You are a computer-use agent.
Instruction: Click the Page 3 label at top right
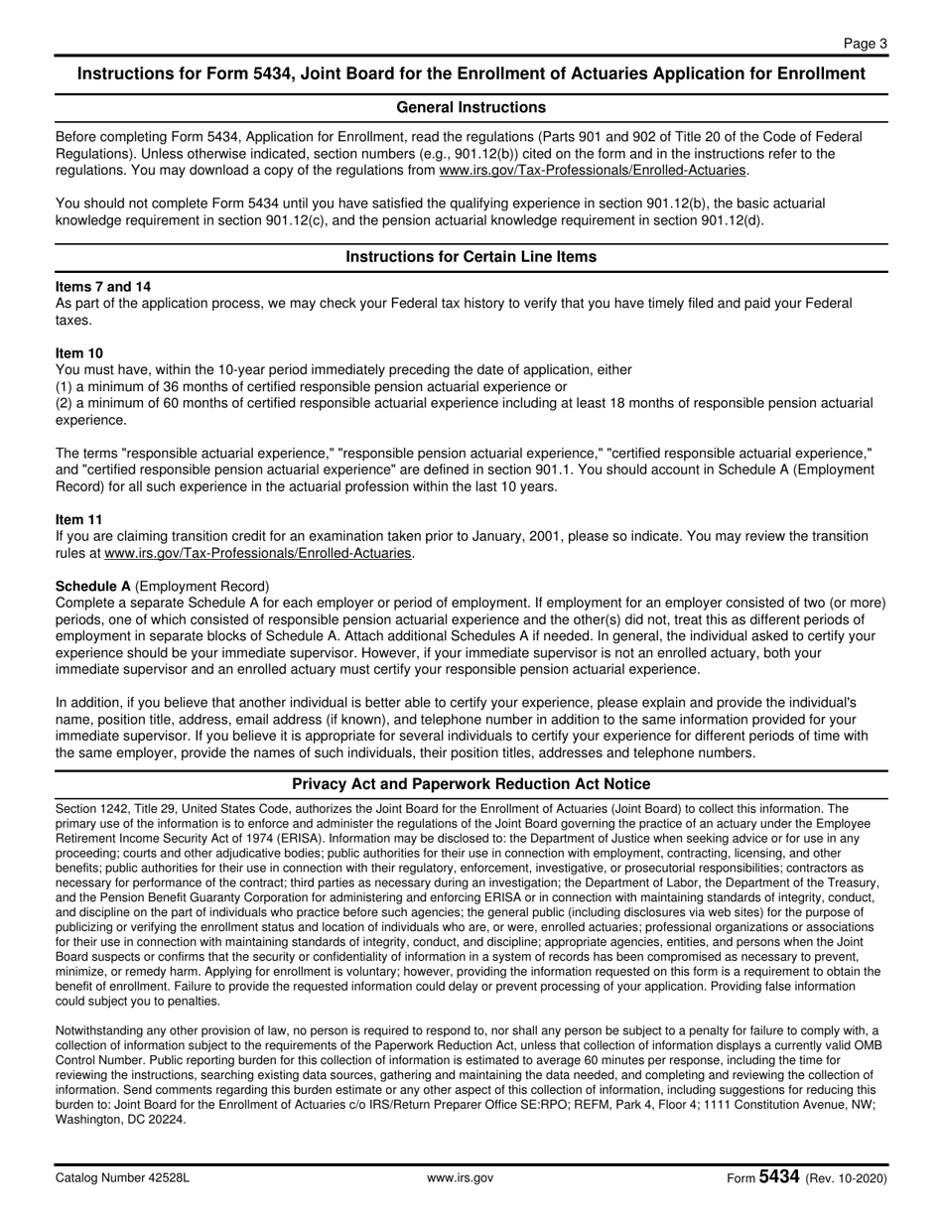pyautogui.click(x=866, y=43)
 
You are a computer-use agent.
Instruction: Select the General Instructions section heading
pyautogui.click(x=471, y=107)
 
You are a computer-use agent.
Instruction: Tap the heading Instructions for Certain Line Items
pyautogui.click(x=471, y=257)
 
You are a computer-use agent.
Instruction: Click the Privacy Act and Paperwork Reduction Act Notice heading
pyautogui.click(x=471, y=784)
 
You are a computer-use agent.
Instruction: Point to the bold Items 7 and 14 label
pyautogui.click(x=103, y=287)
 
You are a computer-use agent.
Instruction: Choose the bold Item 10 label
pyautogui.click(x=79, y=353)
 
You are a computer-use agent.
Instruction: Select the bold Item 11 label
pyautogui.click(x=78, y=519)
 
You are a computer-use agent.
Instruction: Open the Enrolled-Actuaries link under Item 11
pyautogui.click(x=257, y=553)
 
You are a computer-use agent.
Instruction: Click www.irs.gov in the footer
pyautogui.click(x=460, y=1178)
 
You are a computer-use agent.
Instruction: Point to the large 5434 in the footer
pyautogui.click(x=779, y=1177)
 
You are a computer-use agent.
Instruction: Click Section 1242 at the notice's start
pyautogui.click(x=91, y=810)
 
